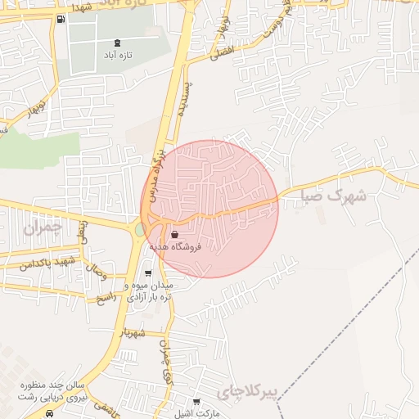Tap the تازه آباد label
pos(118,55)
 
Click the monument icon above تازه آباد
pos(118,43)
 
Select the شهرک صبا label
pos(332,196)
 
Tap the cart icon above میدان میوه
pos(148,274)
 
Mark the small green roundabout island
pos(140,230)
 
